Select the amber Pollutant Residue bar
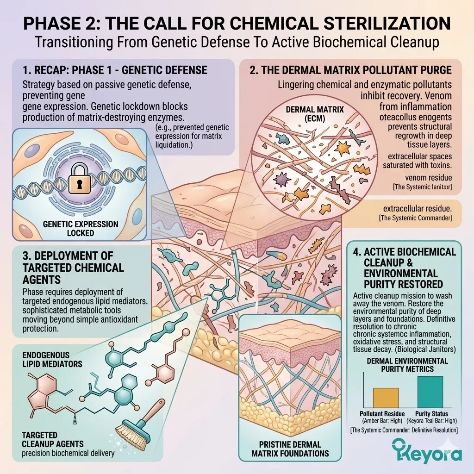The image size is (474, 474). tap(379, 397)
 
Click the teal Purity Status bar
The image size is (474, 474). tap(430, 391)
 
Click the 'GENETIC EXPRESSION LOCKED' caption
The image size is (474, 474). tap(81, 228)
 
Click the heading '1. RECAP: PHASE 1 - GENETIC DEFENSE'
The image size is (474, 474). tap(114, 71)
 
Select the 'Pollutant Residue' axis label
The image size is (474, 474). tap(382, 413)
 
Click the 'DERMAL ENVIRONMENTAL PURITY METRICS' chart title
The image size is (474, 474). tap(407, 365)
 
